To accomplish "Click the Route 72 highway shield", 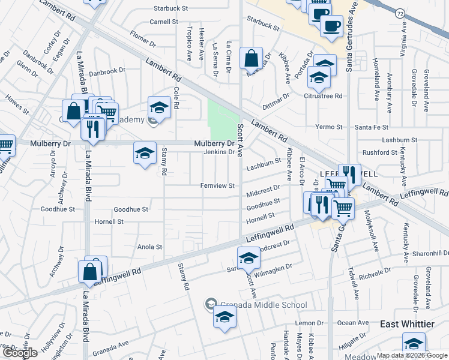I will point(400,12).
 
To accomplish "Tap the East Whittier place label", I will point(408,323).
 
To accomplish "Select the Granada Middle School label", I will point(262,305).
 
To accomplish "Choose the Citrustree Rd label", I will point(323,95).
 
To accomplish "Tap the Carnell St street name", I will point(164,22).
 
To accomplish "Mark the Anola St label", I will point(150,247).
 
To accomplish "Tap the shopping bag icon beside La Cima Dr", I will point(252,59).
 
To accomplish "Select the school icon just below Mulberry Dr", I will point(145,154).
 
